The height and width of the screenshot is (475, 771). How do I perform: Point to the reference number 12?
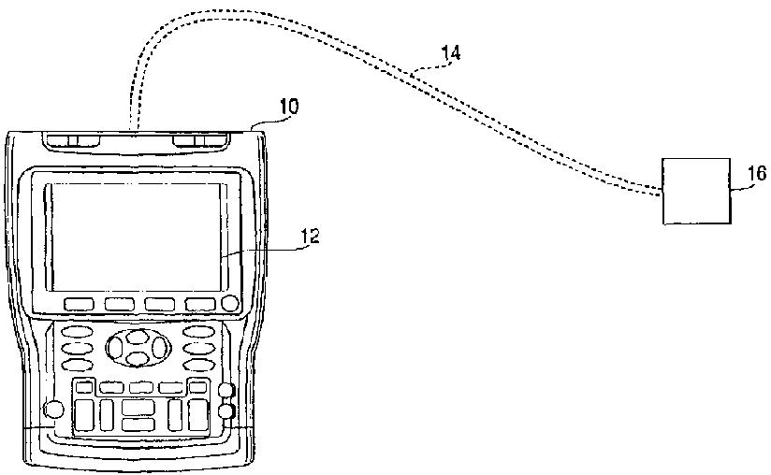point(310,237)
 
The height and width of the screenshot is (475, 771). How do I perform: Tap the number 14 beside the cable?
point(450,54)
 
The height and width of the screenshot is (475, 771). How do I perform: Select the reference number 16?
point(757,173)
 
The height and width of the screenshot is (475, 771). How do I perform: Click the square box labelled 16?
point(695,191)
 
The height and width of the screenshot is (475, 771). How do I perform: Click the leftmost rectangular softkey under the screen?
point(79,304)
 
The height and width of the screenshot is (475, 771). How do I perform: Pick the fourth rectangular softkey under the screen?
point(199,304)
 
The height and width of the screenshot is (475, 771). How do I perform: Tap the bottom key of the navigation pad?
point(137,358)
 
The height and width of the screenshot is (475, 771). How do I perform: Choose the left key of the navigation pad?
point(117,348)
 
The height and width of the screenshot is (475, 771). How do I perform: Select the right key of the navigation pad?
point(158,348)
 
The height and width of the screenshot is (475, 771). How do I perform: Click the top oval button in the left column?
point(76,331)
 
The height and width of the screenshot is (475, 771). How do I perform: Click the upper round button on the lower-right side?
point(225,391)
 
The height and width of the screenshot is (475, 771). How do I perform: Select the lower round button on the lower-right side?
point(225,410)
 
